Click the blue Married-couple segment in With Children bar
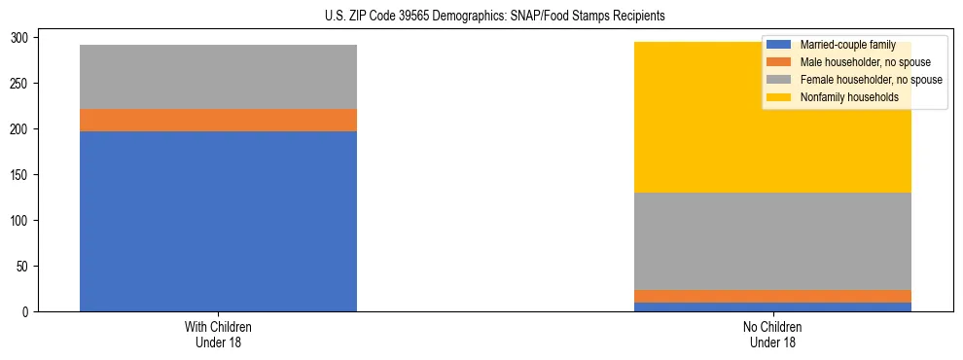[x=218, y=221]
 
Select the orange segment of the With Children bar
[x=218, y=120]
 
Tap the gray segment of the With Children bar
[x=218, y=77]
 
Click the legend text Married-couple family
[x=847, y=45]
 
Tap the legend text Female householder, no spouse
[x=870, y=80]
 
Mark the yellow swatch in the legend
[x=779, y=97]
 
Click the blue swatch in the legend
[x=779, y=45]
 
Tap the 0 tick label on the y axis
[x=27, y=311]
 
